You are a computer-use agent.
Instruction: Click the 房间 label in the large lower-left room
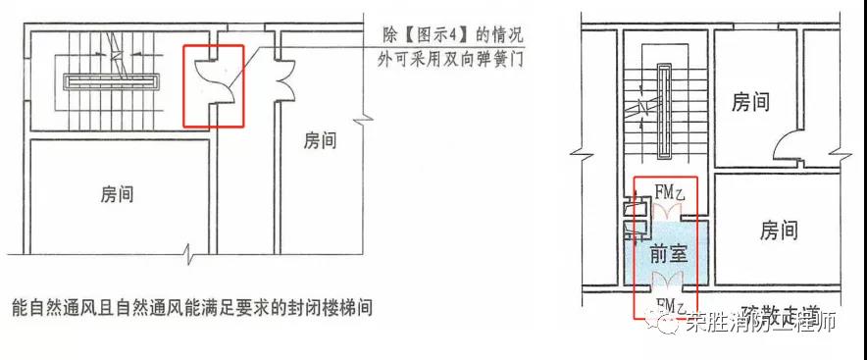[x=117, y=193]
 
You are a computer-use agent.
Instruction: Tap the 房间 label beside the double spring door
[x=320, y=140]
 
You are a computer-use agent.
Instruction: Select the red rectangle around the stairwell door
[x=213, y=86]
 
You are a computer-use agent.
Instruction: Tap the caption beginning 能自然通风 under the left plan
[x=192, y=307]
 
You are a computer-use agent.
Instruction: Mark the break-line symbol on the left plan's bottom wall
[x=190, y=257]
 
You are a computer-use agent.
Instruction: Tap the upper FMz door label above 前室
[x=668, y=192]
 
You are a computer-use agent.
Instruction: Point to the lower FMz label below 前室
[x=668, y=306]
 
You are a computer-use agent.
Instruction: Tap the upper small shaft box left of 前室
[x=631, y=209]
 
